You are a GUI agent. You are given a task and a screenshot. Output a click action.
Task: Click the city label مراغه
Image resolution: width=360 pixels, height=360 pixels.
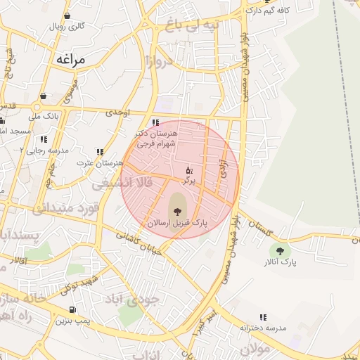(68, 60)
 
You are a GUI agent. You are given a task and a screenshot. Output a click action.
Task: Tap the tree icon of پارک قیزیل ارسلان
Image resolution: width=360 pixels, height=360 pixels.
(176, 209)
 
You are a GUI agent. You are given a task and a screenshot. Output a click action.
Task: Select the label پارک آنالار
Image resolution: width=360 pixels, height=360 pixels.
(281, 262)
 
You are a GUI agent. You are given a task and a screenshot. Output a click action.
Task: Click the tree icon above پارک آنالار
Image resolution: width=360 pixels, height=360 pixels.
(281, 250)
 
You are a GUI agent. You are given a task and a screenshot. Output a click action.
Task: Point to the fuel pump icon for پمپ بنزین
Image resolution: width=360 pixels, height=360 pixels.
(73, 309)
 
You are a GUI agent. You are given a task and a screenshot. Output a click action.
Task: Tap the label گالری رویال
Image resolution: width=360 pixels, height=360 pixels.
(67, 26)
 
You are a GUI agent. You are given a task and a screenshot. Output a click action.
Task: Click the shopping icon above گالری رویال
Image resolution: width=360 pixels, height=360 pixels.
(67, 15)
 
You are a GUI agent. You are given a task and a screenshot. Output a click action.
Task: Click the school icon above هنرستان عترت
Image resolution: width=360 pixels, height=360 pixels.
(101, 151)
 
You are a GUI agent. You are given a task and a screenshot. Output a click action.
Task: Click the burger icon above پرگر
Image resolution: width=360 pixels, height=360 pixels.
(188, 170)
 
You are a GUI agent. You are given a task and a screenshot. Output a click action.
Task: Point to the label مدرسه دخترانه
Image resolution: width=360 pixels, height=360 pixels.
(262, 328)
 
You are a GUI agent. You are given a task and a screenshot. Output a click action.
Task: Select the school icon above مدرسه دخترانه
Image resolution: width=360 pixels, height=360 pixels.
(263, 317)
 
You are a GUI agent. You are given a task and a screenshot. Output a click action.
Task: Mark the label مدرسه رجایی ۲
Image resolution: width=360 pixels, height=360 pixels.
(44, 150)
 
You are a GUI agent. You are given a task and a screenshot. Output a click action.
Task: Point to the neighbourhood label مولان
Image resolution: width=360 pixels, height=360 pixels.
(255, 349)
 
